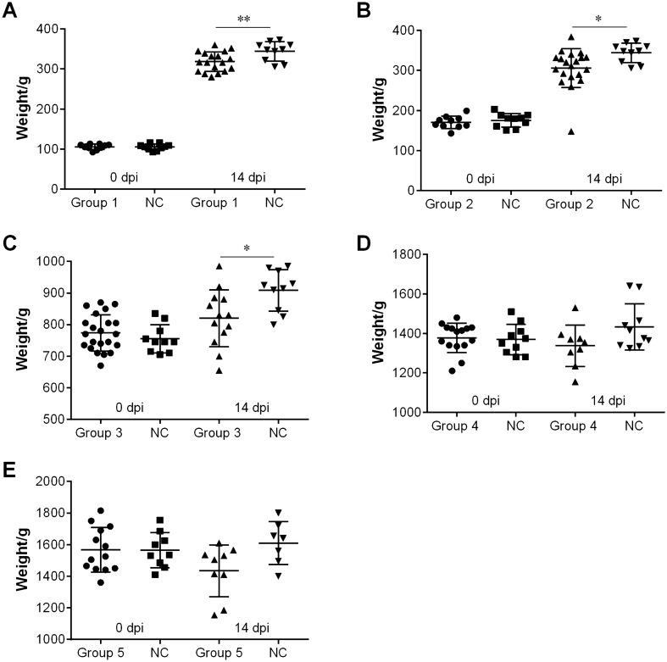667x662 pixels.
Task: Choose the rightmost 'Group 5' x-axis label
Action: (x=220, y=655)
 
